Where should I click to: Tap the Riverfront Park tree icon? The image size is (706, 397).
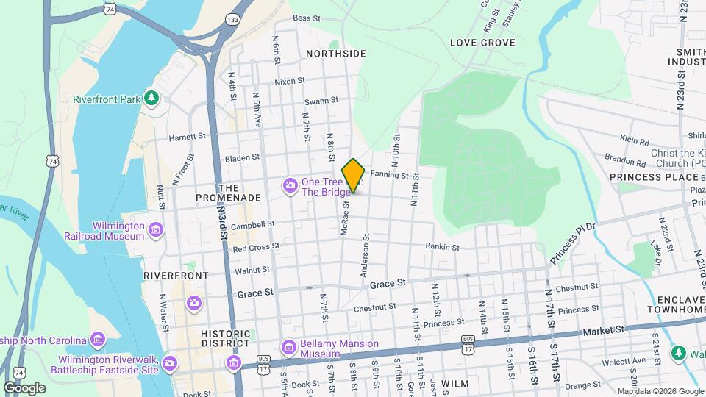pos(151,99)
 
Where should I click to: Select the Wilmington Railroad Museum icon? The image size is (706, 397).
pos(155,232)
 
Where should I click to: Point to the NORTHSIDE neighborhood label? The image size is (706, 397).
pos(335,54)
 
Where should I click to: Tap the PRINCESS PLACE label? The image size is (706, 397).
pos(654,177)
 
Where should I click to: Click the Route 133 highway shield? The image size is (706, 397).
pos(233,21)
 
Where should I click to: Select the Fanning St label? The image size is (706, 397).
pos(389,175)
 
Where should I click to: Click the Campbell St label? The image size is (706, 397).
pos(252,223)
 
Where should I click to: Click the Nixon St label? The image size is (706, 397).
pos(290,82)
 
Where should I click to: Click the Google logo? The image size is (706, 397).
pos(24,388)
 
